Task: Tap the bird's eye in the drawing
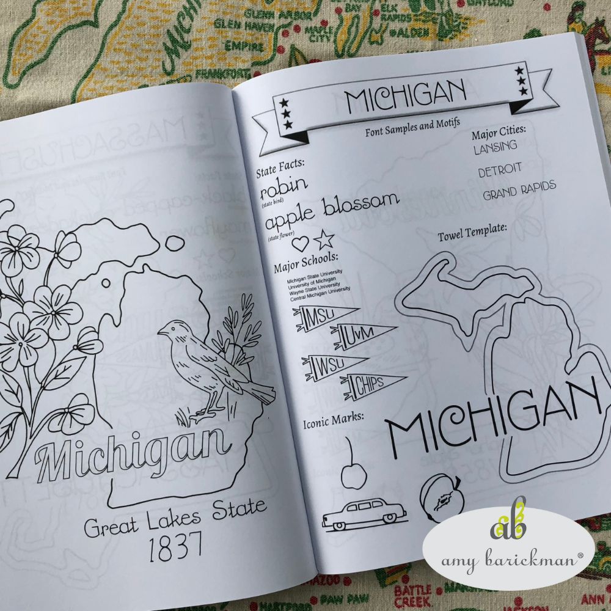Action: tap(171, 328)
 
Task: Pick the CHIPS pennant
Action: tap(368, 383)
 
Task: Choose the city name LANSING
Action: tap(495, 146)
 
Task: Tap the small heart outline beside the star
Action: tap(301, 243)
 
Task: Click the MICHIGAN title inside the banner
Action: tap(405, 98)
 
